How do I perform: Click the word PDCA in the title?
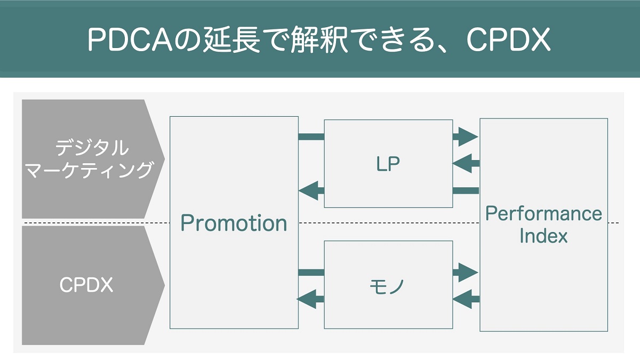(x=130, y=39)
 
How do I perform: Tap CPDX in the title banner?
(x=508, y=39)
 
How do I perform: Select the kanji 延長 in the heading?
(x=231, y=39)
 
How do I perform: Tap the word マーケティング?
(x=89, y=170)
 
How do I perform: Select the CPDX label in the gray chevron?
(x=86, y=285)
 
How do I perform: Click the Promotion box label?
(x=234, y=223)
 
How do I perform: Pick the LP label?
(x=388, y=164)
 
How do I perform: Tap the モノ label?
(x=387, y=286)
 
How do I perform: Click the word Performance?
(x=543, y=213)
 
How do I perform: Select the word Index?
(x=543, y=236)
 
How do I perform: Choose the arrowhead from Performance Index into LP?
(x=462, y=163)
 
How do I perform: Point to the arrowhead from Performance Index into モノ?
(x=462, y=299)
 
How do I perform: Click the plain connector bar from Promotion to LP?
(x=311, y=137)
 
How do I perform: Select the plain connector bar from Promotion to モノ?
(x=311, y=273)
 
